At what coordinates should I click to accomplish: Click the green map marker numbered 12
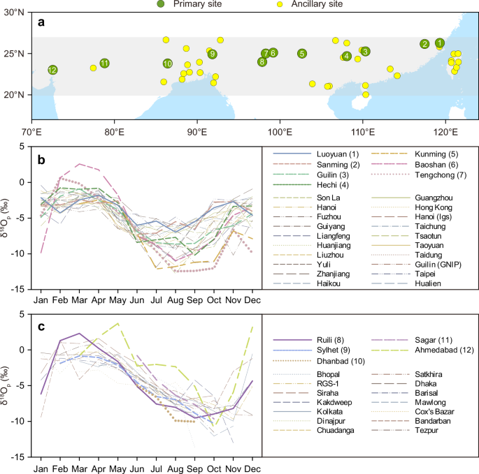(x=52, y=70)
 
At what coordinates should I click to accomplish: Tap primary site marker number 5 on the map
(x=302, y=54)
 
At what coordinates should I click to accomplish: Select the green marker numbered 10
(x=167, y=64)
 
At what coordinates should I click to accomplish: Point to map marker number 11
(x=104, y=63)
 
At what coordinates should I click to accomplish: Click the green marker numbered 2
(x=424, y=44)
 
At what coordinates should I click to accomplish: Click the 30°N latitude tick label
(x=14, y=12)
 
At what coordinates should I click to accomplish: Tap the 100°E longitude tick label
(x=280, y=132)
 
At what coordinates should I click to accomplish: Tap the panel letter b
(x=41, y=160)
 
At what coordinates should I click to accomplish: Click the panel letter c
(x=41, y=327)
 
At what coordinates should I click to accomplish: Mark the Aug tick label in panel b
(x=176, y=300)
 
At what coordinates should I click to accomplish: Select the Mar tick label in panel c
(x=80, y=468)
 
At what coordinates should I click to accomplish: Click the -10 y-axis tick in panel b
(x=17, y=253)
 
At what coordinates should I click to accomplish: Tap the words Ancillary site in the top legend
(x=317, y=4)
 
